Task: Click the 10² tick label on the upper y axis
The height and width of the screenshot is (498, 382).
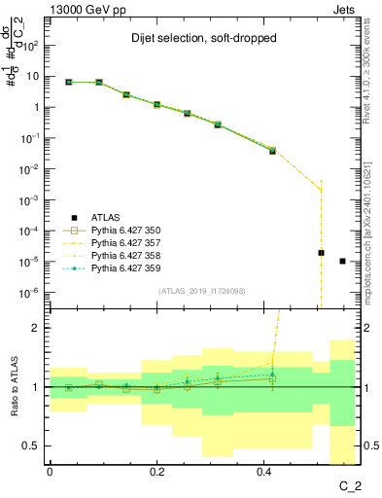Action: (x=32, y=45)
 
